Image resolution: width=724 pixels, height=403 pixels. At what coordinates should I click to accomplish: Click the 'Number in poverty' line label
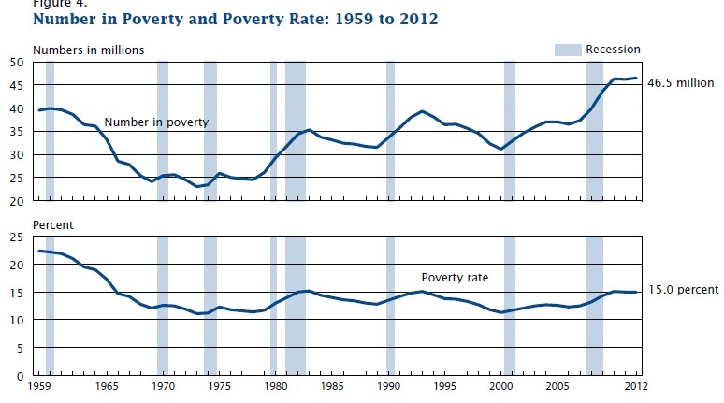coord(156,122)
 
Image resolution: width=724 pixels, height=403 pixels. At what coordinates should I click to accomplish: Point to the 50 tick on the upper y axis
coord(18,62)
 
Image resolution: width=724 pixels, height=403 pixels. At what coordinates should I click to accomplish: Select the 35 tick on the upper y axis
coord(18,132)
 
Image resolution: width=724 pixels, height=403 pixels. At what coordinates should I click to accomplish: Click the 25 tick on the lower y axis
coord(18,237)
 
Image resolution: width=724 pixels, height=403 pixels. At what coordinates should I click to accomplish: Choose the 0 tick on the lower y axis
coord(22,375)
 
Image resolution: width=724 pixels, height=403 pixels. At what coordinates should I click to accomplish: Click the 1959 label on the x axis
coord(41,386)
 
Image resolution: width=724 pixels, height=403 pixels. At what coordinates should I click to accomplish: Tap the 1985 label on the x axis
coord(331,386)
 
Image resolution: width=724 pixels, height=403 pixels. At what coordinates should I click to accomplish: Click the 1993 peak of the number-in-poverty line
coord(423,111)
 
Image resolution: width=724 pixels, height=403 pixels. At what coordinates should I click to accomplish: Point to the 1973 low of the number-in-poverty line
coord(197,187)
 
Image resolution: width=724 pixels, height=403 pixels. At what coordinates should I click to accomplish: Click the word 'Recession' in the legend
coord(613,50)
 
